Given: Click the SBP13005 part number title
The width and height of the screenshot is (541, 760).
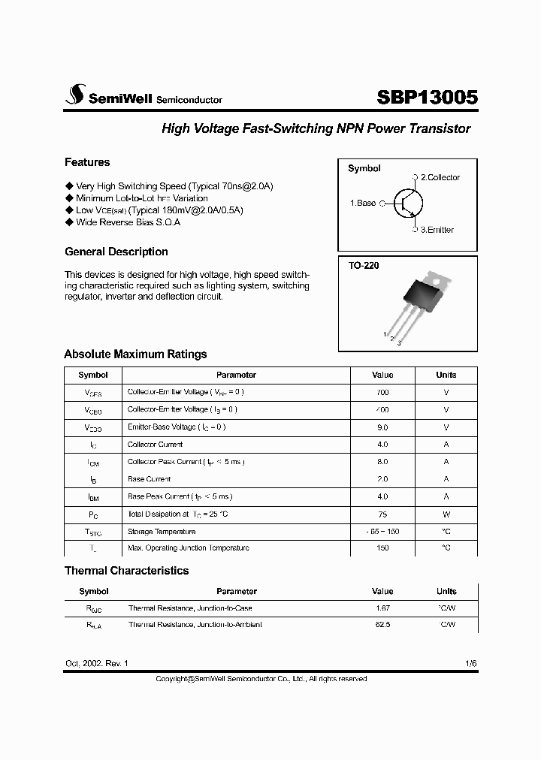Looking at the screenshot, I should pyautogui.click(x=426, y=98).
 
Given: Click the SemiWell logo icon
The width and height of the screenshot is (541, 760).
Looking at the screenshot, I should pyautogui.click(x=74, y=95).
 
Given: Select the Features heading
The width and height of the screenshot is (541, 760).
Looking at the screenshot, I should pyautogui.click(x=87, y=162).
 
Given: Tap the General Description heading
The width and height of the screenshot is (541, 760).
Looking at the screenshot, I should pyautogui.click(x=116, y=252).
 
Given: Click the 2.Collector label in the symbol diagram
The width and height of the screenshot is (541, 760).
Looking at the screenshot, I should pyautogui.click(x=440, y=177).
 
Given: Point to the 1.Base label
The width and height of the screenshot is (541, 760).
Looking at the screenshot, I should pyautogui.click(x=363, y=203).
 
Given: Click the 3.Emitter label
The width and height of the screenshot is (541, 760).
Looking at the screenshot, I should pyautogui.click(x=437, y=230).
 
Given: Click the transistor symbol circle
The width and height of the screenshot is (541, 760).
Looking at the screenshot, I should pyautogui.click(x=406, y=203).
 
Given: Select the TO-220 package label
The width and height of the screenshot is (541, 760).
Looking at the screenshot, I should pyautogui.click(x=363, y=266).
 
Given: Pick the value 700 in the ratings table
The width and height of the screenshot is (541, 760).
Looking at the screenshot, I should pyautogui.click(x=382, y=392).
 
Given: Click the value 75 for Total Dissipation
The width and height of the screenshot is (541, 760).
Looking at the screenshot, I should pyautogui.click(x=382, y=514).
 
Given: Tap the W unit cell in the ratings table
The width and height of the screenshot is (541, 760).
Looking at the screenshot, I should pyautogui.click(x=446, y=514).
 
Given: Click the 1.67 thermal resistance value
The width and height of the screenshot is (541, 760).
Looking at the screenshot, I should pyautogui.click(x=382, y=608).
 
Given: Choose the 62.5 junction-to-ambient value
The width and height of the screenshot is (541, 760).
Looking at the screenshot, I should pyautogui.click(x=382, y=625).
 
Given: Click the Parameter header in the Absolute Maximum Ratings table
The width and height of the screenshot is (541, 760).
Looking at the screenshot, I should pyautogui.click(x=236, y=375).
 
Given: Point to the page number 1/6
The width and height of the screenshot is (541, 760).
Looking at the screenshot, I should pyautogui.click(x=470, y=664).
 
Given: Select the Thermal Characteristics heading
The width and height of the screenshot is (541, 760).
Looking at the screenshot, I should pyautogui.click(x=126, y=571).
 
